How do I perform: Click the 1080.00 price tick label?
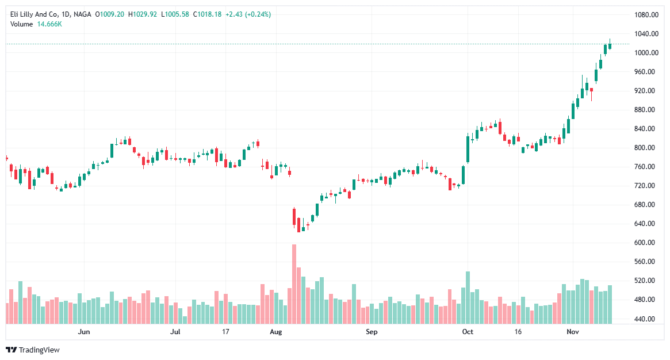646,15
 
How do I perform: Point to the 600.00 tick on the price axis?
646,243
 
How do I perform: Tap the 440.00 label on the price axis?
646,319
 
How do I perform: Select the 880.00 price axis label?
646,110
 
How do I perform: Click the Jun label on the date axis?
84,332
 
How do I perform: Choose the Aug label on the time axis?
276,332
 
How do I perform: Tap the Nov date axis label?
573,332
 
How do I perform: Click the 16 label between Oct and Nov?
518,332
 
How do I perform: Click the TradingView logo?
33,350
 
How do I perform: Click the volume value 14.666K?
50,24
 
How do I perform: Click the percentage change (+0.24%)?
258,14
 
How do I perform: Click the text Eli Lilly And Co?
35,14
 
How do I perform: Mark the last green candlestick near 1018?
610,45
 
